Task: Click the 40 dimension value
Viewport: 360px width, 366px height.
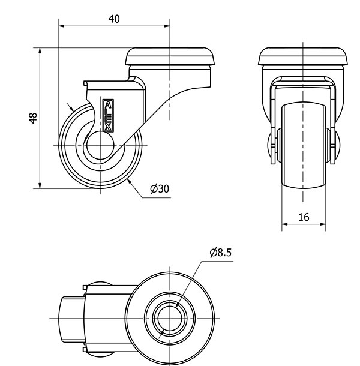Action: coord(114,19)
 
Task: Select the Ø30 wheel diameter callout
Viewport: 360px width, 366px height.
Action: coord(160,188)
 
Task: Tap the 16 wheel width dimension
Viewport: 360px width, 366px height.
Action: coord(304,217)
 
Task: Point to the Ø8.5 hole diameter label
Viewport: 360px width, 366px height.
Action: coord(221,253)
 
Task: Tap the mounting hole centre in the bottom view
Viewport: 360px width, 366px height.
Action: coord(170,316)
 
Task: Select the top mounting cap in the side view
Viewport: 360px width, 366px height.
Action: coord(170,58)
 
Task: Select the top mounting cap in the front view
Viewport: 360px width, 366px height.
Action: coord(304,58)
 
